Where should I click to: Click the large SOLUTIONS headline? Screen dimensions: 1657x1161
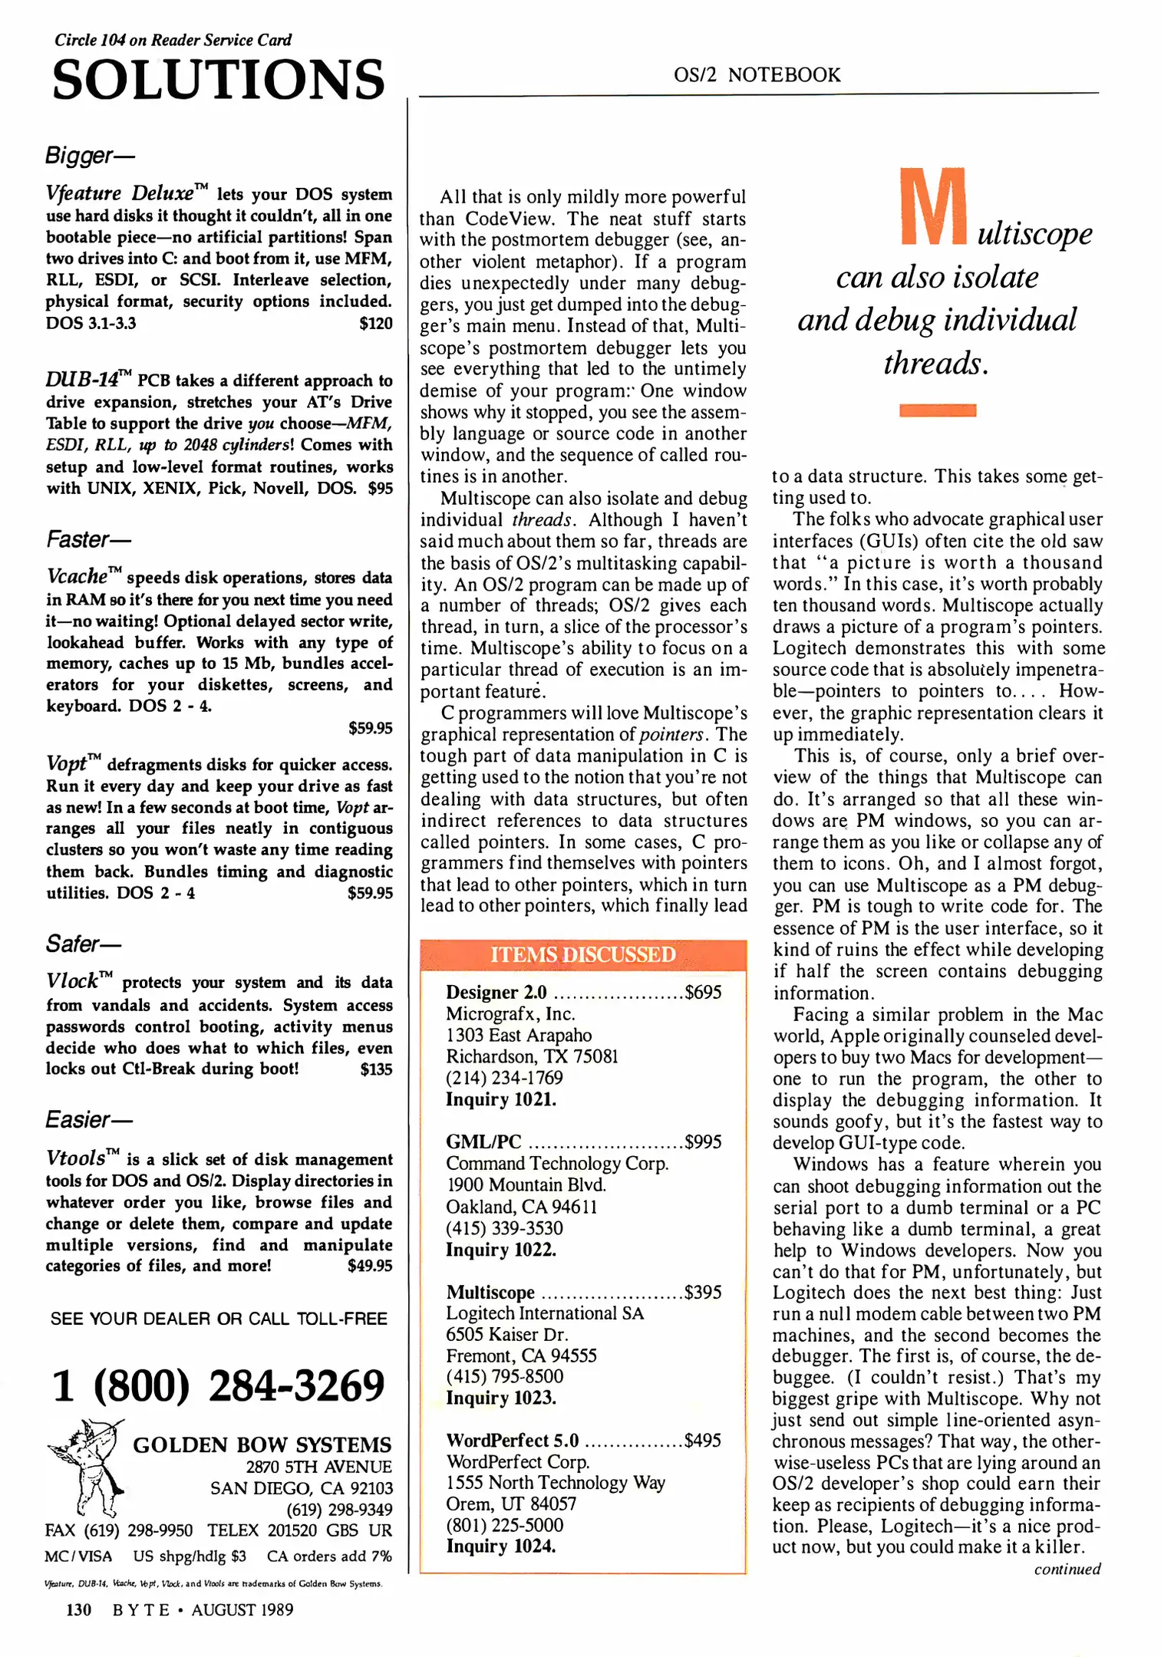point(218,80)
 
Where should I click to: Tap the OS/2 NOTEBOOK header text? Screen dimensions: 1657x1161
point(757,75)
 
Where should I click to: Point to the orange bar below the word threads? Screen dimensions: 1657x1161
point(937,410)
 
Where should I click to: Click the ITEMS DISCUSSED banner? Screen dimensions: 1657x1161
point(582,954)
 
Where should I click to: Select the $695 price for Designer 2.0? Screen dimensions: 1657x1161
point(703,993)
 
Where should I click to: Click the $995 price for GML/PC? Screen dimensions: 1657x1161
point(703,1142)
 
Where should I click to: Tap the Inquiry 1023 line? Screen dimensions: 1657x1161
point(501,1398)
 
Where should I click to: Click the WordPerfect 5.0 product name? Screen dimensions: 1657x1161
point(512,1440)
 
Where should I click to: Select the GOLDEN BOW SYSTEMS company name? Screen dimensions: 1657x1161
point(262,1445)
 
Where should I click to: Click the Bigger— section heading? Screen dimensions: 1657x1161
point(89,156)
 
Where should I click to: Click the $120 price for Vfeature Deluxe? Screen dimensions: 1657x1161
point(375,324)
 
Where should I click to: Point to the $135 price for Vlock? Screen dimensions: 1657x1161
point(375,1069)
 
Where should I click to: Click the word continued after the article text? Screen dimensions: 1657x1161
point(1067,1570)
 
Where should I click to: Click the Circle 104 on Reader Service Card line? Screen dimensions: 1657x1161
point(173,40)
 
